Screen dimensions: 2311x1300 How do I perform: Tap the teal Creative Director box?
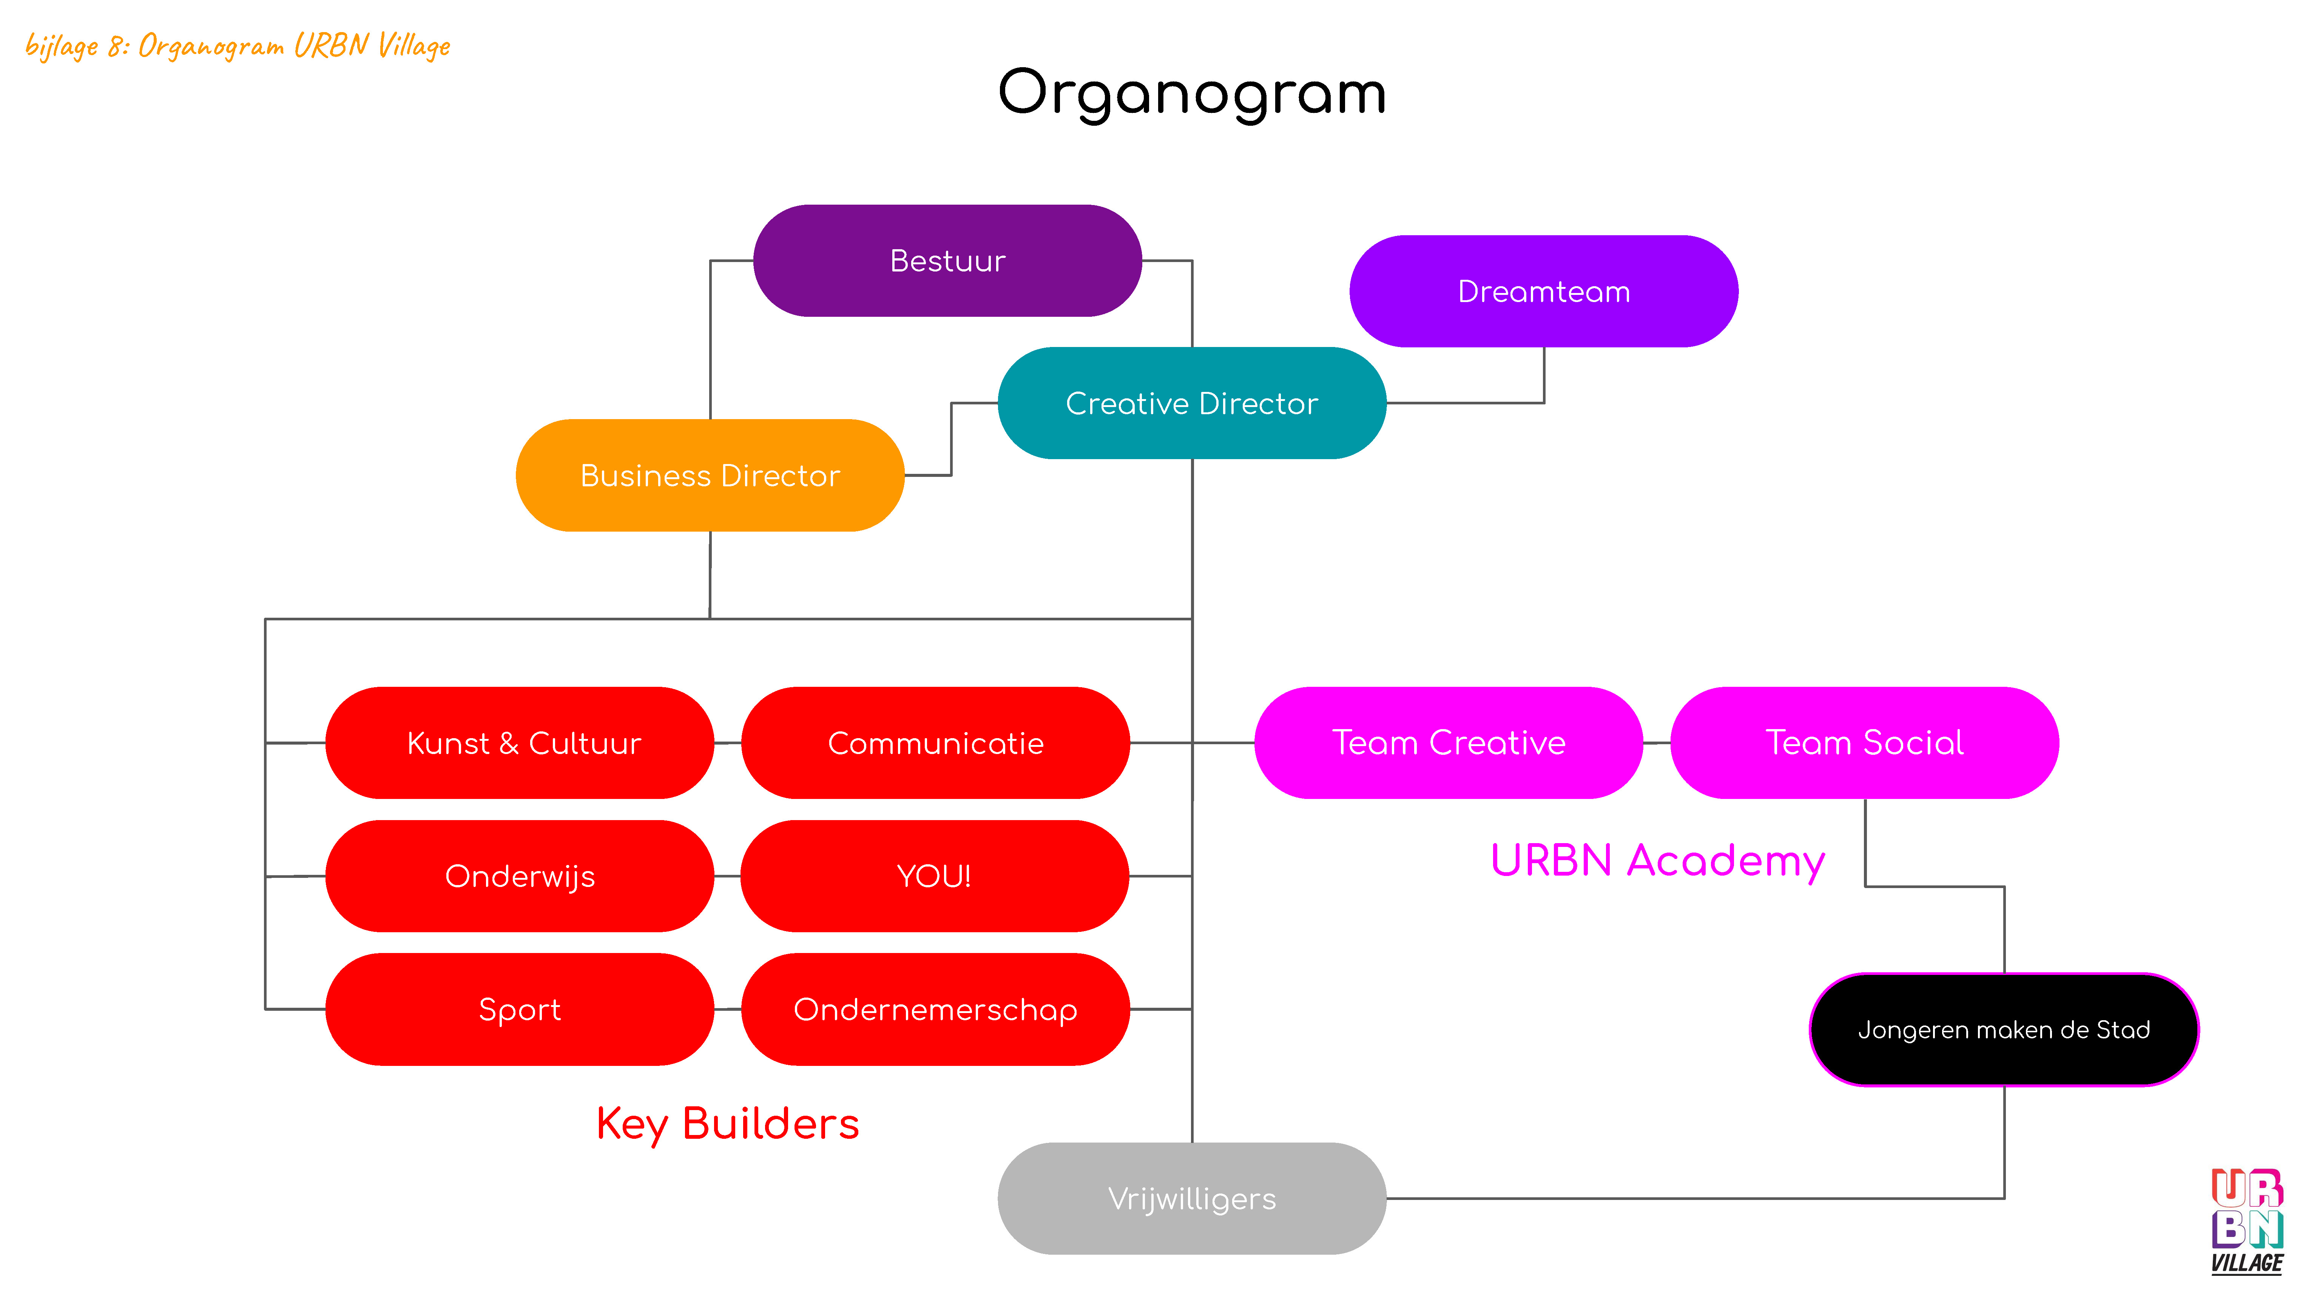point(1191,403)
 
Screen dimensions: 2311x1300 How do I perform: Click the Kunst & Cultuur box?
point(520,743)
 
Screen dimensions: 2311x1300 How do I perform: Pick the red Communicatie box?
point(936,743)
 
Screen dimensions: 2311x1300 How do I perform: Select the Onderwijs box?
point(520,876)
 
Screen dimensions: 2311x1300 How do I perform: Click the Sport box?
point(520,1009)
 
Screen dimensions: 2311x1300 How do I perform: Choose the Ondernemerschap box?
point(936,1009)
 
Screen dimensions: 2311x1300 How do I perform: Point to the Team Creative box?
point(1448,743)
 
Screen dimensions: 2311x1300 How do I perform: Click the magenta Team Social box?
point(1864,743)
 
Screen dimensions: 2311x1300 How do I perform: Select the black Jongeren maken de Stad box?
point(2004,1029)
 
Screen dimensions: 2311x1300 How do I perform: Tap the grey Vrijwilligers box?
point(1191,1198)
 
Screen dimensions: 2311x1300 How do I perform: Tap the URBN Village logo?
point(2247,1221)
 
